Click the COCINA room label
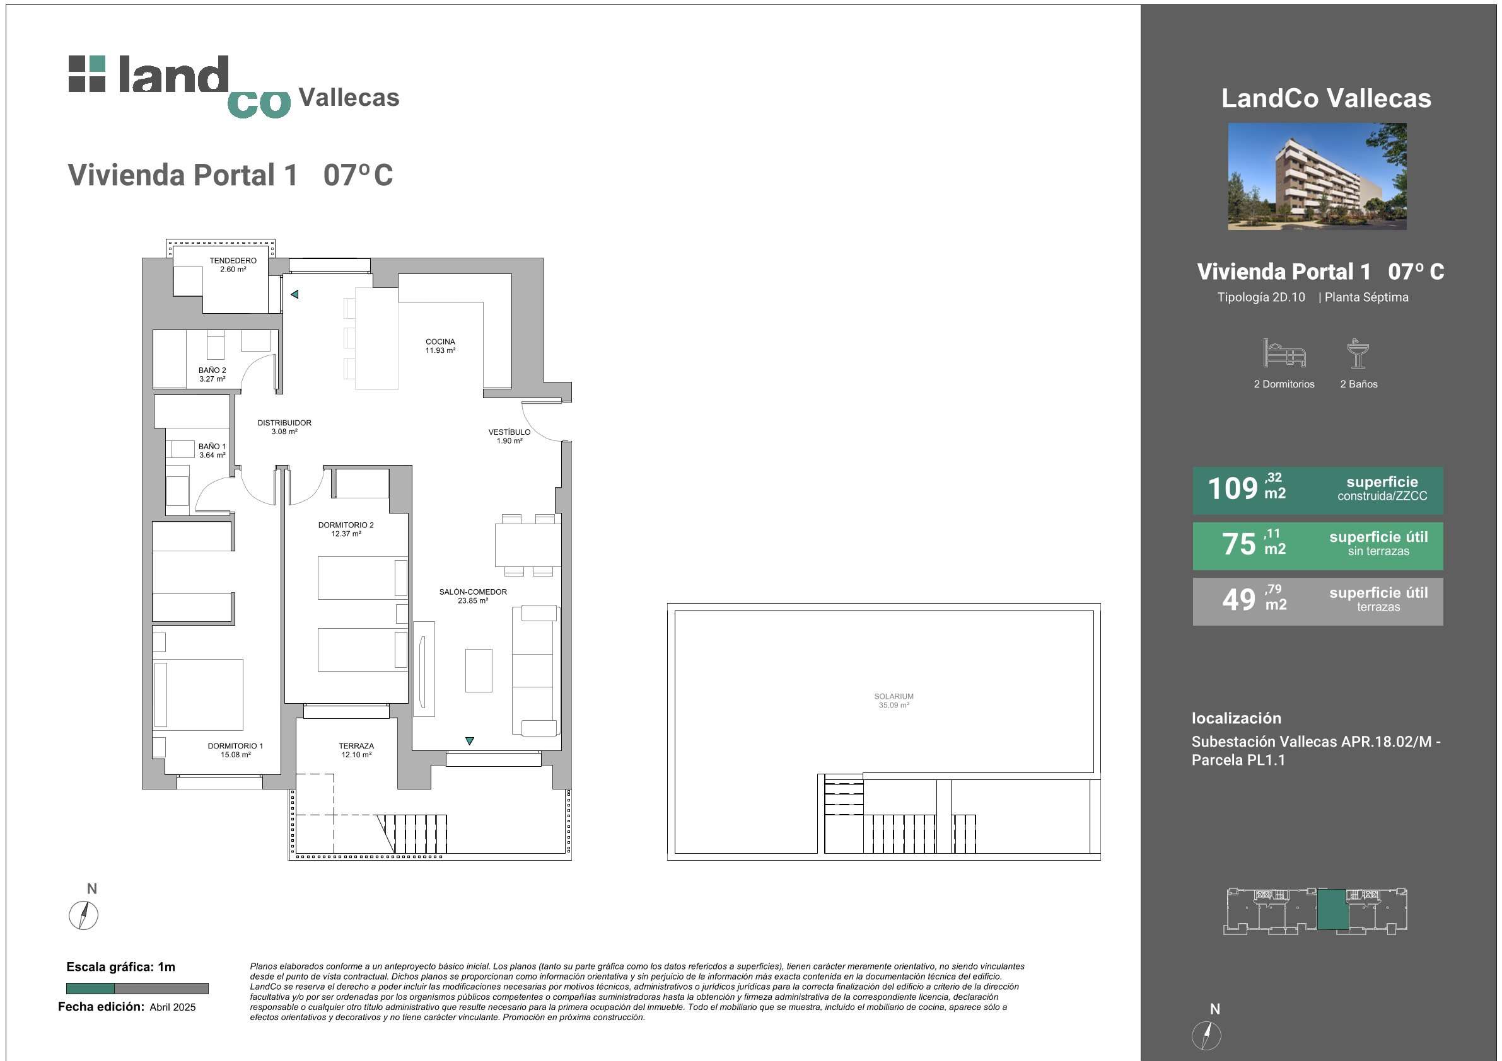(440, 341)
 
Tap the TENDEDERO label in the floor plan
(233, 260)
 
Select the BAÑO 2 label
(212, 370)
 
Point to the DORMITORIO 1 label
(235, 746)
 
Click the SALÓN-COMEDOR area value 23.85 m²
(473, 601)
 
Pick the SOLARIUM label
(894, 696)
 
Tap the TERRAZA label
(356, 746)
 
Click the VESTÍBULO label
(509, 432)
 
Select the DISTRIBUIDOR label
(284, 423)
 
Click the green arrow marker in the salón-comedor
(470, 741)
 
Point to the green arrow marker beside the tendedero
(294, 294)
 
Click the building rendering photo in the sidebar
(1317, 176)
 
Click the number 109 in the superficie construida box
(1233, 489)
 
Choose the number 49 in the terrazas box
(1239, 599)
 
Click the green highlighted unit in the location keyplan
(1333, 909)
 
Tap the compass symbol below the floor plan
(84, 915)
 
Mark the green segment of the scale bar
(90, 989)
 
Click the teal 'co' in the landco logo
(259, 104)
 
